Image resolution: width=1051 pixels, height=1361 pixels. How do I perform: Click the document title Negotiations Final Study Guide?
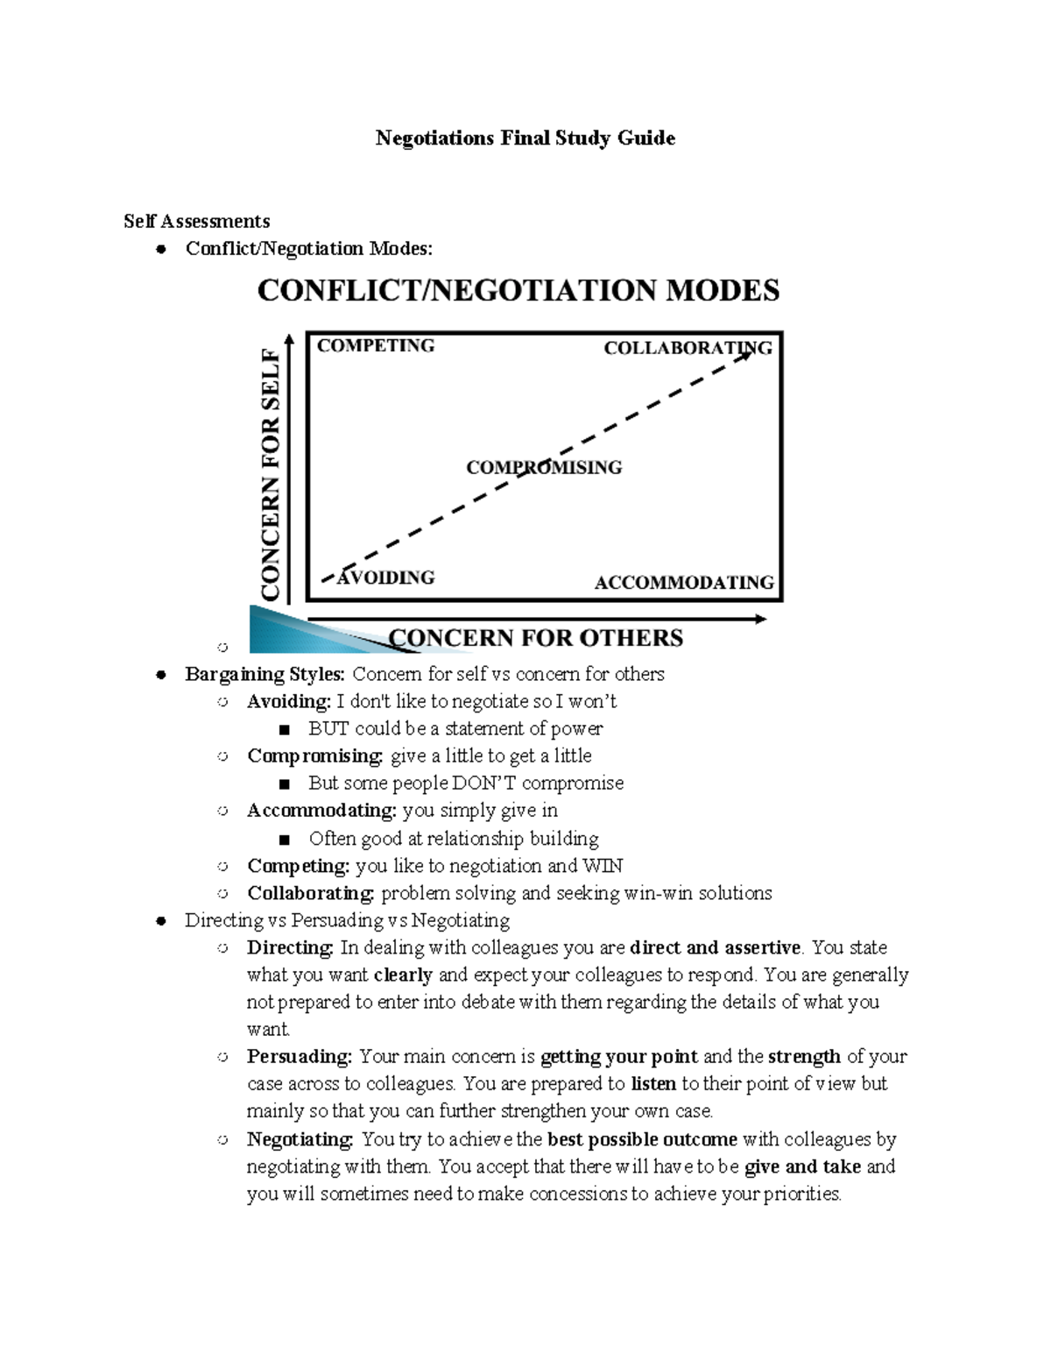[525, 138]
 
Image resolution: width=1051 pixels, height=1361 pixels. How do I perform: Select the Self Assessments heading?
[196, 221]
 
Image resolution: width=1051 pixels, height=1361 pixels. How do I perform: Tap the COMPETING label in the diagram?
[376, 345]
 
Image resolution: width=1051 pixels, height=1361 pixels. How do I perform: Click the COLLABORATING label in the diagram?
[688, 348]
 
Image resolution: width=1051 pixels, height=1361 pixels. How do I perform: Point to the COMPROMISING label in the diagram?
[544, 467]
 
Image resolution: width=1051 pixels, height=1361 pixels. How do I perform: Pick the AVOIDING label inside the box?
[386, 578]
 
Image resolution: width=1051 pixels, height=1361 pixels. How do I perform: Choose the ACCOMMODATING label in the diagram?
[684, 582]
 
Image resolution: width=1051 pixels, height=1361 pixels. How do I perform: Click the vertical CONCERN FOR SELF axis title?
[271, 474]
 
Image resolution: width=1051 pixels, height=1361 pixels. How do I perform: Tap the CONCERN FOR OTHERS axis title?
[535, 637]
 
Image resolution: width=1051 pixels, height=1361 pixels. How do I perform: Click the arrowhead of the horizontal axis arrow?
[761, 619]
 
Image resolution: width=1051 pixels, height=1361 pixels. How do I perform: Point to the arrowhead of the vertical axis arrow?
[289, 338]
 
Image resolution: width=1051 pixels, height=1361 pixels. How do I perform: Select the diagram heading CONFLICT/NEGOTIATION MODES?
[518, 290]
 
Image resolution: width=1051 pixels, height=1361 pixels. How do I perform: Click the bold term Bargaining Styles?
[265, 674]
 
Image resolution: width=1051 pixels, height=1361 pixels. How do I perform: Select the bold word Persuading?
[299, 1056]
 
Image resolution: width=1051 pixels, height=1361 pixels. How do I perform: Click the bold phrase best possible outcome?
[642, 1139]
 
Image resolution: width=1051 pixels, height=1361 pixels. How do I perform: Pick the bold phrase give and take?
[802, 1166]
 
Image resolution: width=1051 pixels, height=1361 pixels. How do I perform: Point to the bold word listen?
[653, 1083]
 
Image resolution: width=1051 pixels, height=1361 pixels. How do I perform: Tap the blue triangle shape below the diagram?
[298, 634]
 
